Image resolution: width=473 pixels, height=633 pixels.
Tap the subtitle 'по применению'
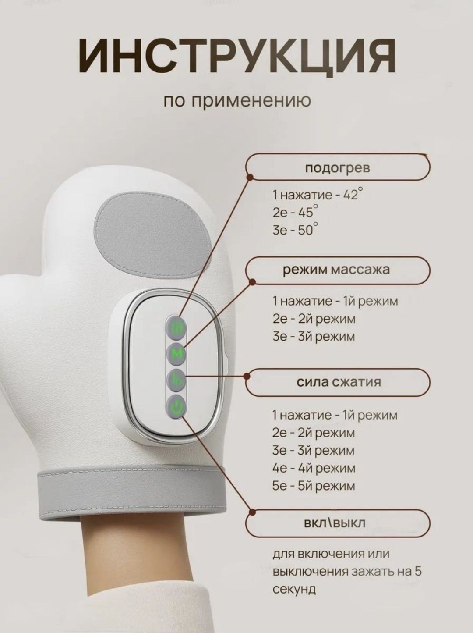click(237, 101)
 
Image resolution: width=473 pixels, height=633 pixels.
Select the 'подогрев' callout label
click(338, 167)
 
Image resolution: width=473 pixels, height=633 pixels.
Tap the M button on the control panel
click(176, 355)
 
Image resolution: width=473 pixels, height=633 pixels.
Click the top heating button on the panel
click(176, 328)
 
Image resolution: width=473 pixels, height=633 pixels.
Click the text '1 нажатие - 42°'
click(318, 195)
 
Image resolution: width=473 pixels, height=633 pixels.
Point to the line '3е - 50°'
click(296, 230)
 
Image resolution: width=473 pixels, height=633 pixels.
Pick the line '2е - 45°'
click(296, 212)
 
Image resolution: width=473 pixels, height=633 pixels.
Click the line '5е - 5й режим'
click(314, 486)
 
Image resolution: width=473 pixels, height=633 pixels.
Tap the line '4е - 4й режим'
click(314, 468)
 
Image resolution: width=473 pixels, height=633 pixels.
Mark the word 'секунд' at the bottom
click(294, 590)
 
